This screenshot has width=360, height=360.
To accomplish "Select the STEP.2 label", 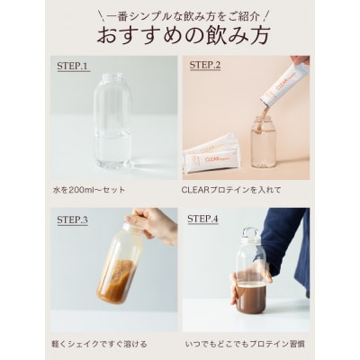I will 206,66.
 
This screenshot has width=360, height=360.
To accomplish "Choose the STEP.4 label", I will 205,219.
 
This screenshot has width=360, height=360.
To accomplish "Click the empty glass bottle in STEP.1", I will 112,126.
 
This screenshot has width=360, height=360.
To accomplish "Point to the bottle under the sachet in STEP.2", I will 263,144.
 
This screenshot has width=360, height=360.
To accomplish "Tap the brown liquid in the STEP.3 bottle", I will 117,282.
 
